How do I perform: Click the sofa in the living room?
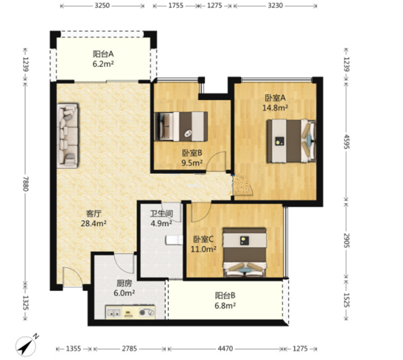click(x=67, y=136)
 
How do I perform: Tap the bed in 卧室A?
click(x=291, y=141)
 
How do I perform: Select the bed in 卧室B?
click(x=181, y=126)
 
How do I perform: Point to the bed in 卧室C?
click(x=245, y=252)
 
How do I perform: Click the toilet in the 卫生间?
click(x=174, y=240)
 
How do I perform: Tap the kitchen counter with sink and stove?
click(x=131, y=312)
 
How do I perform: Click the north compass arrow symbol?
click(x=25, y=346)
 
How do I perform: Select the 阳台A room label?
click(x=103, y=54)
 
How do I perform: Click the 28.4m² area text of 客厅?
click(x=94, y=223)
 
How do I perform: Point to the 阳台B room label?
click(x=225, y=295)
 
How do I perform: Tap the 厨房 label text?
click(x=124, y=283)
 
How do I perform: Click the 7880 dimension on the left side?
click(x=25, y=184)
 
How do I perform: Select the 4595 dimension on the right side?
click(x=346, y=141)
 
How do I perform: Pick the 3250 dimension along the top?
click(x=102, y=5)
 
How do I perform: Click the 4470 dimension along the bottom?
click(x=225, y=349)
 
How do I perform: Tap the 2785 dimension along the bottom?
click(x=129, y=349)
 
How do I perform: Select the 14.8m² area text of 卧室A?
click(x=275, y=108)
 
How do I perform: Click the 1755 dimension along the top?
click(x=176, y=5)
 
